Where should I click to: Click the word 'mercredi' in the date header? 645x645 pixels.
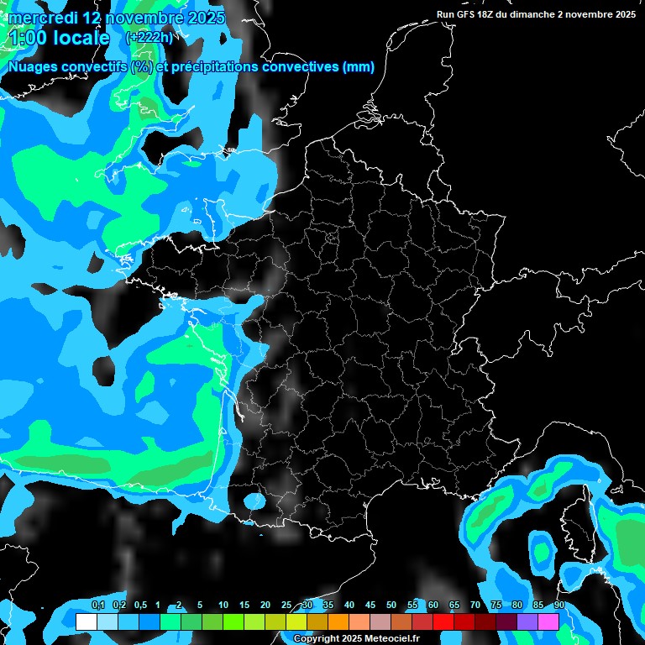click(x=39, y=18)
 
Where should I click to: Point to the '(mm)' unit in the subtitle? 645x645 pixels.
click(x=359, y=68)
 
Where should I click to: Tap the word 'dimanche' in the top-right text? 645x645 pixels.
click(x=543, y=14)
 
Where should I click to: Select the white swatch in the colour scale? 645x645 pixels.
click(x=87, y=622)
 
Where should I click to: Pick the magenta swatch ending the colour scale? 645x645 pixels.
click(x=548, y=622)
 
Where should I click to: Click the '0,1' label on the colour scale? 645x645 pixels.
click(x=97, y=606)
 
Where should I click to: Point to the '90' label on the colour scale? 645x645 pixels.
click(x=558, y=606)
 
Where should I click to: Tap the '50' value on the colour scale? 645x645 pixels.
click(x=391, y=606)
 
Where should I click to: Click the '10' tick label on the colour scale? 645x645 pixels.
click(x=223, y=606)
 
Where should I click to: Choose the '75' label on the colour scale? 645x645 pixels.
click(x=496, y=606)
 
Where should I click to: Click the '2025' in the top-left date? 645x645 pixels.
click(x=207, y=18)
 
